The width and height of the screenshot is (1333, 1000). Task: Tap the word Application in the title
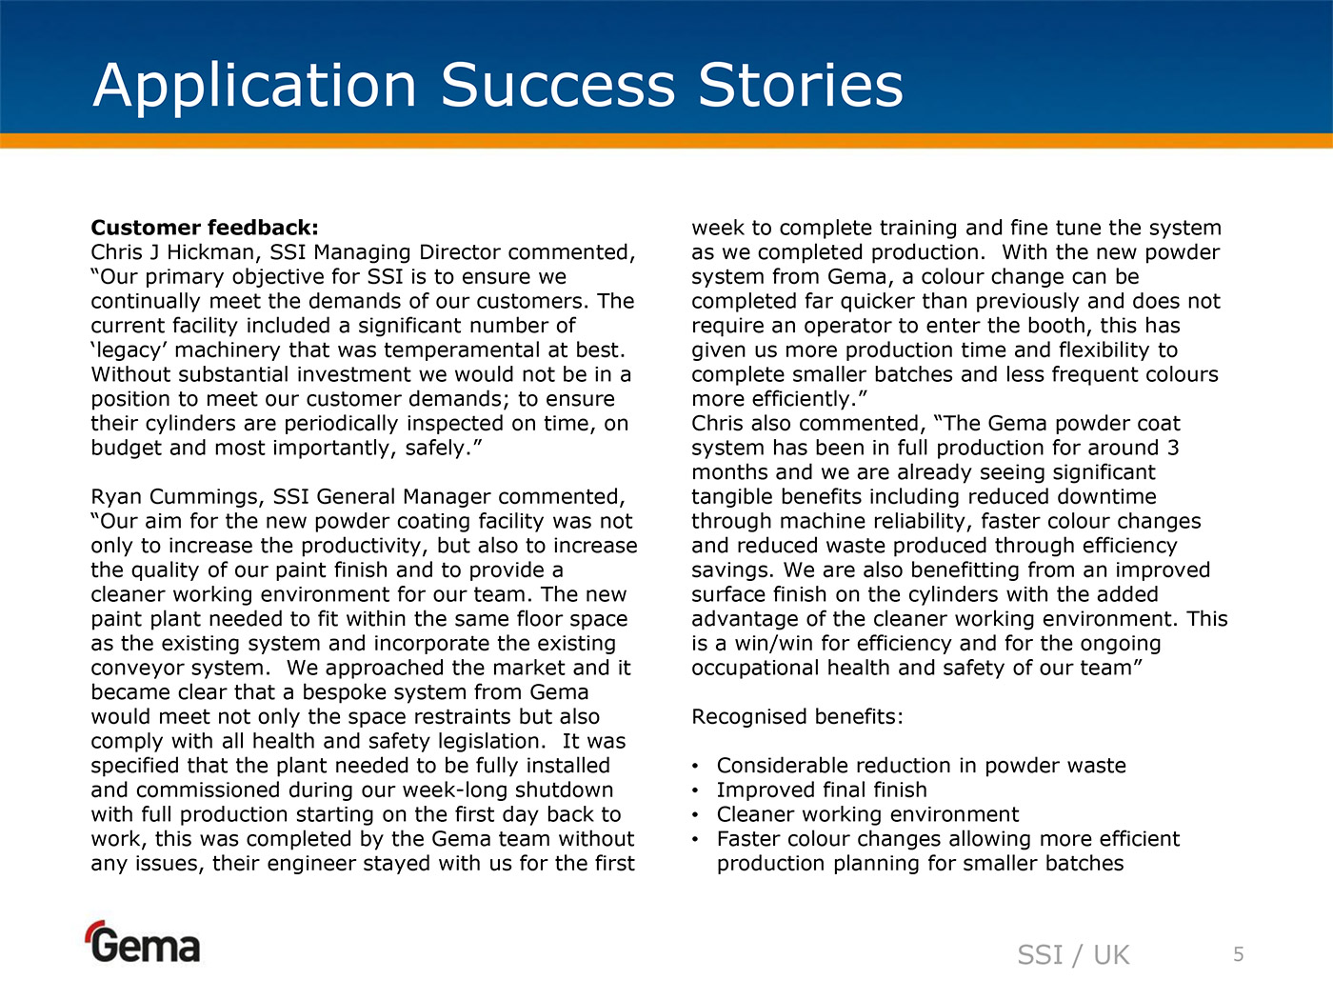255,86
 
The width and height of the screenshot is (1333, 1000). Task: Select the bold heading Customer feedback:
205,228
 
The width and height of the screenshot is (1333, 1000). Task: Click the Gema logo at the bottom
144,943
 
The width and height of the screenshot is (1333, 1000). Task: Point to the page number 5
1239,954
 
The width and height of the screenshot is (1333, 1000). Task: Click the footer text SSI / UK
1073,955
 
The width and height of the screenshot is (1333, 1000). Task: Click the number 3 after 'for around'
1173,448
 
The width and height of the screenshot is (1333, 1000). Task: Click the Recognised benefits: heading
797,717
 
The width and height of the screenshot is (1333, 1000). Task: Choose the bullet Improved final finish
822,790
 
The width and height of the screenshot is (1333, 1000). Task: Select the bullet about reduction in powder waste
921,766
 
